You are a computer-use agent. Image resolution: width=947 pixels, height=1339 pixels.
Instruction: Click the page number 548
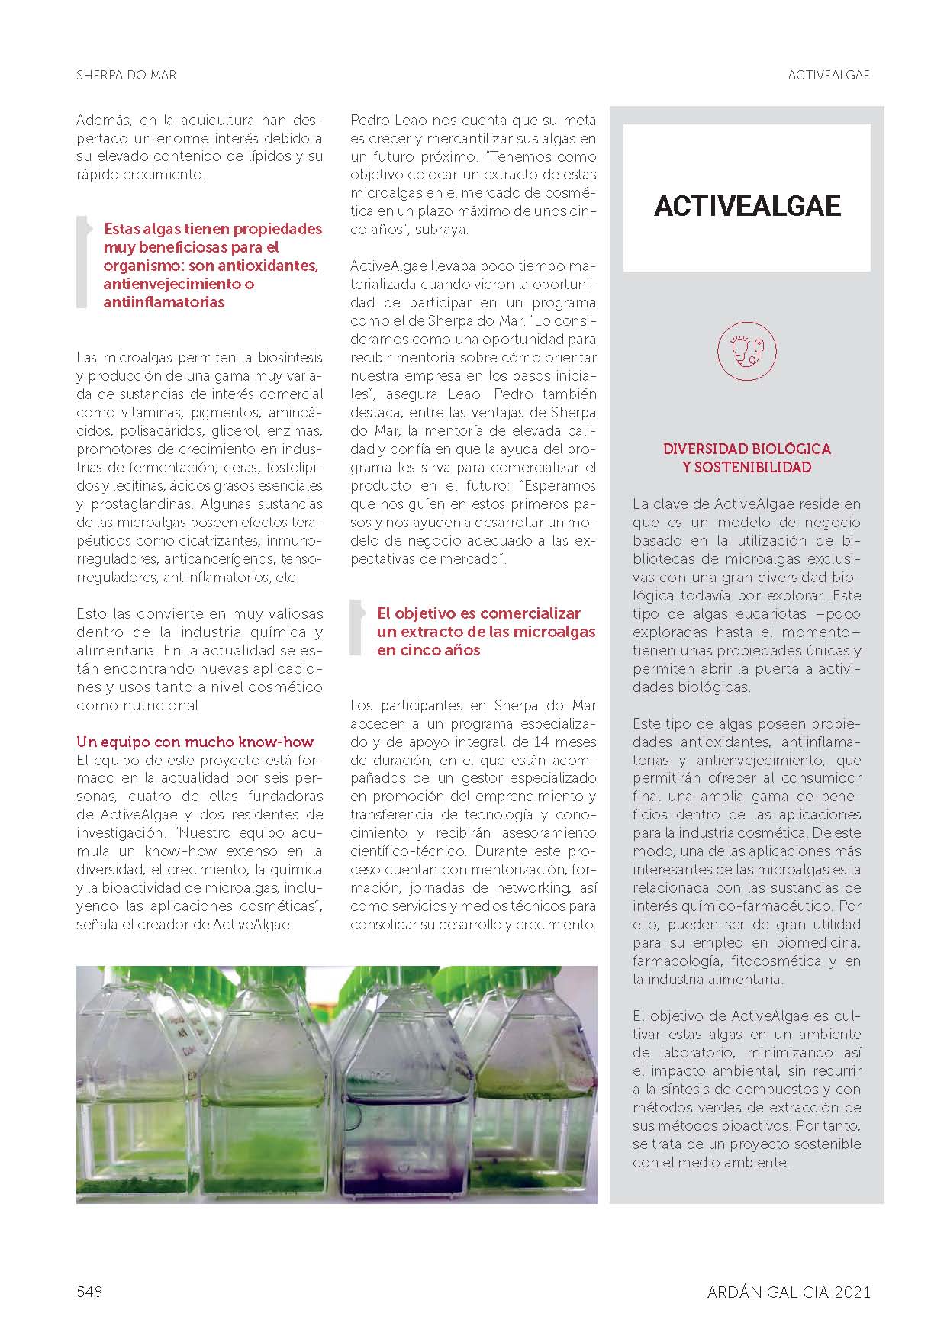click(89, 1292)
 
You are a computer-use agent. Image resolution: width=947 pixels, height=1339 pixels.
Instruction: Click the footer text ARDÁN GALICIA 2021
click(788, 1292)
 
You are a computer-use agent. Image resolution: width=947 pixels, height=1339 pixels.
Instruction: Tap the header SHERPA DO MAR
click(127, 76)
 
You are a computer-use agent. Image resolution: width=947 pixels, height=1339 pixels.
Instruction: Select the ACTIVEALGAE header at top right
click(829, 76)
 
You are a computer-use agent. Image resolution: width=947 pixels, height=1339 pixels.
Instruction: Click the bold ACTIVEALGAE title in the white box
click(747, 206)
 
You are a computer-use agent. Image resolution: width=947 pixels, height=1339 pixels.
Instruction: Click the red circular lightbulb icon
click(746, 351)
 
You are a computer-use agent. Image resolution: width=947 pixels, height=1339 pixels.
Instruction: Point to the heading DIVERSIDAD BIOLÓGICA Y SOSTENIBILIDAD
click(746, 458)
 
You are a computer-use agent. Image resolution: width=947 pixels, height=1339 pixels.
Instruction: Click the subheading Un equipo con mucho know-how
click(195, 742)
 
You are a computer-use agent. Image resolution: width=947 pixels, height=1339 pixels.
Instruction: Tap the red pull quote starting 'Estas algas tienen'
click(212, 265)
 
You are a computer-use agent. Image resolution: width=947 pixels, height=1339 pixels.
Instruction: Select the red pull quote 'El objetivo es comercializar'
click(485, 632)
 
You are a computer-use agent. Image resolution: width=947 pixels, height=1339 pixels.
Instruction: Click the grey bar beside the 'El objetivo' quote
click(355, 627)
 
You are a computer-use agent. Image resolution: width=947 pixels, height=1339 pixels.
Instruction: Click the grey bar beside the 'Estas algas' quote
click(82, 262)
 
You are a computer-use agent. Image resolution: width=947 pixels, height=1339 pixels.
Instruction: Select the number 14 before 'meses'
click(542, 742)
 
